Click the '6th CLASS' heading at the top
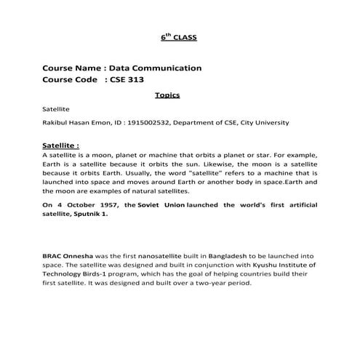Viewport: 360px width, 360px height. tap(179, 36)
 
